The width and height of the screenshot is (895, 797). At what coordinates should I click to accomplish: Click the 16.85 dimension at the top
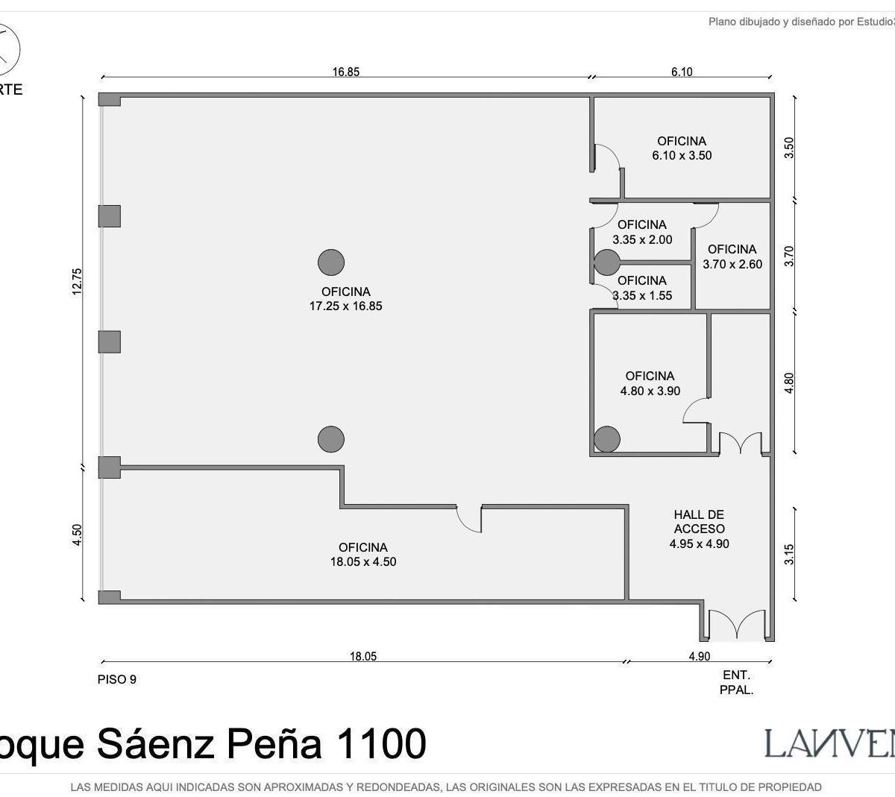point(346,72)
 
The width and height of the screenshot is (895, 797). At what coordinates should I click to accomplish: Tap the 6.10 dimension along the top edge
point(682,72)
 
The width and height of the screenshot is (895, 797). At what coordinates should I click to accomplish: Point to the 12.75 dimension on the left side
point(78,282)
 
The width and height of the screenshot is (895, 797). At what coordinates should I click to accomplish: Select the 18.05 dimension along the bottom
point(363,656)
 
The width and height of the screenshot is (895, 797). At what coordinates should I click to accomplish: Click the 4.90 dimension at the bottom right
point(699,656)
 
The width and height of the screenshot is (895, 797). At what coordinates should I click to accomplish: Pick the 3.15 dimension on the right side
point(790,554)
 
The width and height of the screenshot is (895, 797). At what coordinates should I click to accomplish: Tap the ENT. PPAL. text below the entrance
point(736,682)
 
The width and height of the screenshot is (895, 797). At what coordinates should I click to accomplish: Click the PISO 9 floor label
point(117,679)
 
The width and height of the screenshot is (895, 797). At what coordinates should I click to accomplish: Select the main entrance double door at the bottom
point(736,626)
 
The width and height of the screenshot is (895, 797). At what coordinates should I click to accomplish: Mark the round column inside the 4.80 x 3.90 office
point(607,439)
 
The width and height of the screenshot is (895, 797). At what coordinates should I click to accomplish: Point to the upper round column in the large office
point(331,262)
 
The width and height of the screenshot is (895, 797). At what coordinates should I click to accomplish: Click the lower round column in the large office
point(331,439)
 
